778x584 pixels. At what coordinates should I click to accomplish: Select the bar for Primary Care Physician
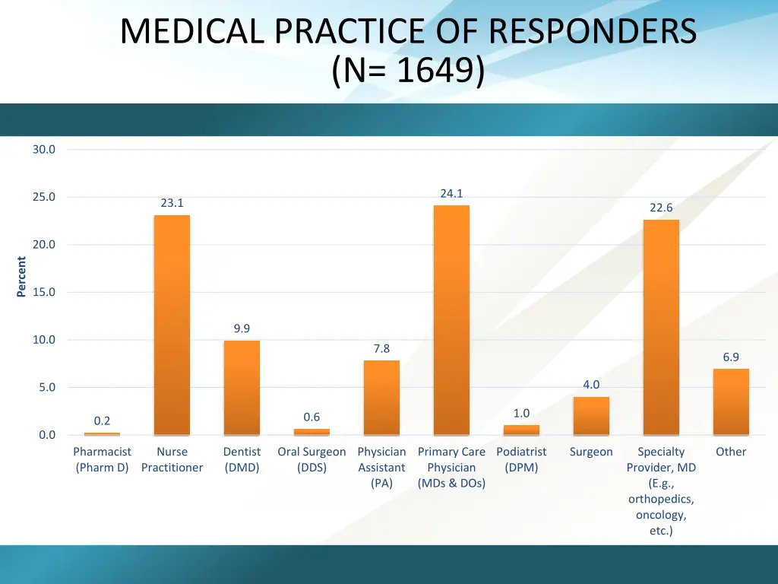pyautogui.click(x=451, y=320)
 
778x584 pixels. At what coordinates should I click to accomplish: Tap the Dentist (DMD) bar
pyautogui.click(x=242, y=388)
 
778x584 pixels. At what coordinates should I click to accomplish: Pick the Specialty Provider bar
pyautogui.click(x=661, y=327)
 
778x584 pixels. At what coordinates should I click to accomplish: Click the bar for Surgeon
pyautogui.click(x=591, y=416)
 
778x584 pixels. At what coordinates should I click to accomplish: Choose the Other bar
pyautogui.click(x=731, y=401)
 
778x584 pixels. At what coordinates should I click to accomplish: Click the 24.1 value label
pyautogui.click(x=451, y=194)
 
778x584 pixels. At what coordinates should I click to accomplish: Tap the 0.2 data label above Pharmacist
pyautogui.click(x=102, y=421)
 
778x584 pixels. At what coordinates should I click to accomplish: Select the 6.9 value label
pyautogui.click(x=731, y=357)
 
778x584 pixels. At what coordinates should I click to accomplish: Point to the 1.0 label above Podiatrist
pyautogui.click(x=521, y=413)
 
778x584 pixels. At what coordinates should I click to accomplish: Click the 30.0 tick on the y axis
pyautogui.click(x=44, y=150)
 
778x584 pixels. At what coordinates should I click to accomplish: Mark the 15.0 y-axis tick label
pyautogui.click(x=44, y=292)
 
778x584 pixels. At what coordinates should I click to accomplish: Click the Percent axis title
pyautogui.click(x=21, y=277)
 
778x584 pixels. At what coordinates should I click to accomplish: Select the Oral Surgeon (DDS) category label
pyautogui.click(x=312, y=459)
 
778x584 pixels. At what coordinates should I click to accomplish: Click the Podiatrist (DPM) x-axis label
pyautogui.click(x=521, y=459)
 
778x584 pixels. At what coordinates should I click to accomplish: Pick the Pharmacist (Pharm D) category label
pyautogui.click(x=102, y=459)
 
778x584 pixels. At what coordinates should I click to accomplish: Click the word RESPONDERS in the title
pyautogui.click(x=593, y=32)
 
